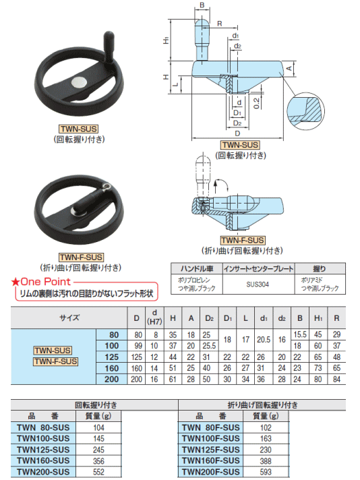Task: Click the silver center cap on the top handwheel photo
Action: (x=80, y=82)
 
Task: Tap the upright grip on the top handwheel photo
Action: (x=109, y=47)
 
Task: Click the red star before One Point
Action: (x=15, y=282)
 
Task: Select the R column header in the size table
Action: (x=336, y=318)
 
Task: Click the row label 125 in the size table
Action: (x=112, y=357)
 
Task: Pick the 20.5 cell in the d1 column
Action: (x=264, y=340)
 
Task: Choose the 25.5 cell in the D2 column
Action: (x=209, y=346)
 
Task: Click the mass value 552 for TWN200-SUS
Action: (x=98, y=472)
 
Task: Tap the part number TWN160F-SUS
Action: (x=211, y=460)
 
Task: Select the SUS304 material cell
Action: (x=258, y=284)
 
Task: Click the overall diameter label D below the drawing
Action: (x=237, y=133)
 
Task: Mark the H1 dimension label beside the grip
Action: (x=166, y=40)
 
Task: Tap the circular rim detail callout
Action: (x=305, y=111)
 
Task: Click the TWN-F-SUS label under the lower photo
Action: (x=81, y=257)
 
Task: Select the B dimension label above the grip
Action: (x=202, y=5)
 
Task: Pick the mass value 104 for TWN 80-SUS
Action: (x=98, y=427)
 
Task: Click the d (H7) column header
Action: (x=154, y=318)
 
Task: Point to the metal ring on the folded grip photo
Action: (x=107, y=186)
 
